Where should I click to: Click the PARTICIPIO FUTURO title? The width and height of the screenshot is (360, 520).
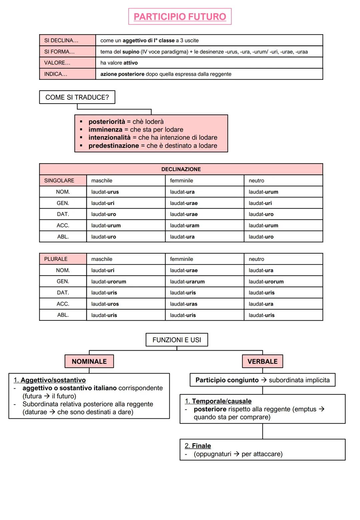[x=180, y=17]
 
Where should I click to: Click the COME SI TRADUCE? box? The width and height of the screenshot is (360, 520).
[x=77, y=97]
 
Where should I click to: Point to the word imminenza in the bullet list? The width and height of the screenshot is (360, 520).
[x=105, y=130]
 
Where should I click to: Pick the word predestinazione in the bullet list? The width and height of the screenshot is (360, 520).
[x=113, y=146]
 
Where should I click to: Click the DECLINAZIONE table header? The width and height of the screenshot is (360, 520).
[x=181, y=169]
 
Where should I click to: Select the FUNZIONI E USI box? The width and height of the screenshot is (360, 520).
[x=177, y=340]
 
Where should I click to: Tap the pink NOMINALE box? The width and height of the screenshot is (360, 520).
[x=89, y=361]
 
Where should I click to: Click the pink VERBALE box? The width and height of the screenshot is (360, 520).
[x=262, y=361]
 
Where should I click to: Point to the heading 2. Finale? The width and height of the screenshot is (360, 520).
[x=198, y=446]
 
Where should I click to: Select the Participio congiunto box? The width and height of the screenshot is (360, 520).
[x=262, y=380]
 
